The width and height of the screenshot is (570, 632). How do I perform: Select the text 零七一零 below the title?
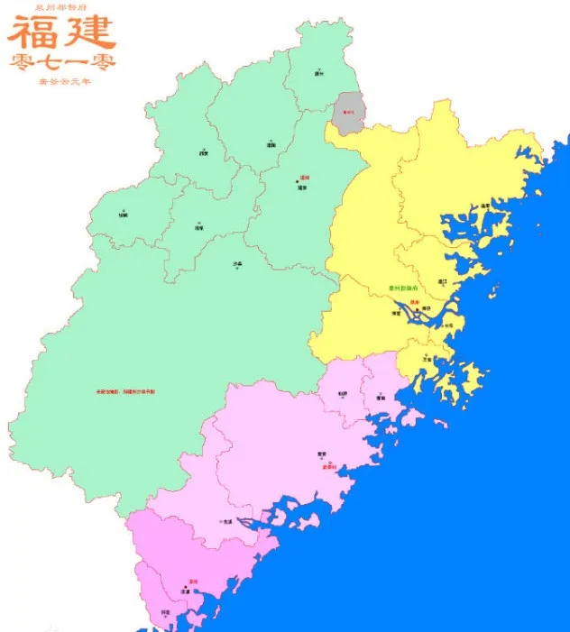pyautogui.click(x=62, y=62)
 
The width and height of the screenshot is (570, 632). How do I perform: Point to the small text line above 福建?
pyautogui.click(x=62, y=6)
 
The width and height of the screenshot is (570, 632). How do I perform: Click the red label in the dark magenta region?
pyautogui.click(x=192, y=582)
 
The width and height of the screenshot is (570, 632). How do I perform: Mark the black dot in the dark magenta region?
pyautogui.click(x=186, y=588)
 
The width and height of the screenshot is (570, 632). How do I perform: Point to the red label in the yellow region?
pyautogui.click(x=416, y=302)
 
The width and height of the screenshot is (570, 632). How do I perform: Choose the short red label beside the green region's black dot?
pyautogui.click(x=304, y=178)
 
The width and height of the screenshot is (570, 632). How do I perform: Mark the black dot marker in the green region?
pyautogui.click(x=297, y=184)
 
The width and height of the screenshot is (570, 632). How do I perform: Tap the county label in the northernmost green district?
pyautogui.click(x=318, y=73)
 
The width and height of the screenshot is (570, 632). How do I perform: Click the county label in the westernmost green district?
pyautogui.click(x=123, y=215)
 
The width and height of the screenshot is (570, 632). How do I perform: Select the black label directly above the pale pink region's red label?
pyautogui.click(x=321, y=453)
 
